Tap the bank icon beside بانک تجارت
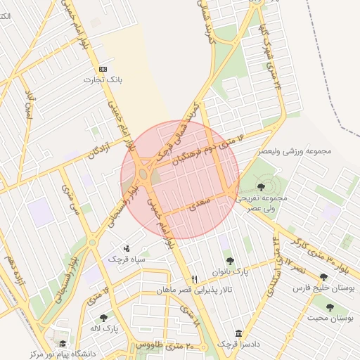(103, 69)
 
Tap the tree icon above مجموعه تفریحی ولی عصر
(261, 187)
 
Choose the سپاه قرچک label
(125, 259)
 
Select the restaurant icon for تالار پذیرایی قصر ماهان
(195, 279)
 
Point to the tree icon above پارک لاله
(104, 318)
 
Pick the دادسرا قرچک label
(238, 344)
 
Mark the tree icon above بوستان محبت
(329, 307)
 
